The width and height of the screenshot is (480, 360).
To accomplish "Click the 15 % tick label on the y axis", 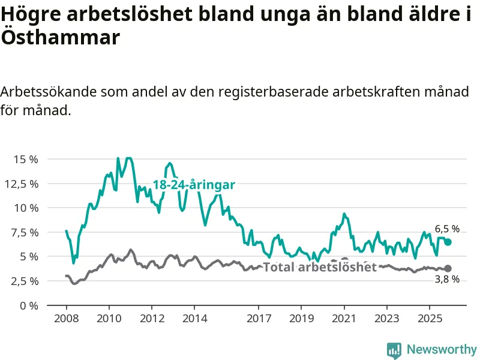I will coord(26,160).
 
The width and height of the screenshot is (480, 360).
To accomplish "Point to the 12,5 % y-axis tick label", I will coord(23,184).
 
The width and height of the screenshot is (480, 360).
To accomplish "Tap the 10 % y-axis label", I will coord(26,208).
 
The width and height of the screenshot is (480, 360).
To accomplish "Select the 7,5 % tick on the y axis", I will coord(25,232).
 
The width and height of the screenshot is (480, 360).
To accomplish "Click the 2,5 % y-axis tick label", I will coord(25,281).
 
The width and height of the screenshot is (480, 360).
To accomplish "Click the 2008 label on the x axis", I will coord(67,317).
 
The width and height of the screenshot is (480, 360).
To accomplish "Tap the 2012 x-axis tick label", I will coord(152,317).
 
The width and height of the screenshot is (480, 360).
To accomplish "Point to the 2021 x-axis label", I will coord(344,317).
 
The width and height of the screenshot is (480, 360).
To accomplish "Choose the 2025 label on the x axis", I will coord(429,317).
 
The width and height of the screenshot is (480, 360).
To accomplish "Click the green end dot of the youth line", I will coord(448,242).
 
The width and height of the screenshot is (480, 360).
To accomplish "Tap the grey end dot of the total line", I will coord(448,268).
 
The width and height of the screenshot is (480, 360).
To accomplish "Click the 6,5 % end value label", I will coord(447,229).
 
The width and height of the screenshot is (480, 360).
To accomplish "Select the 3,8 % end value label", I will coord(447,279).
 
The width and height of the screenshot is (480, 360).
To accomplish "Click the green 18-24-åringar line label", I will coord(194,185).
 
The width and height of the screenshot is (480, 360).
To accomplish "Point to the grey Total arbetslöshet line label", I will coord(320,267).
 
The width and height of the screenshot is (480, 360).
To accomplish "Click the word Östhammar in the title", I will coord(60,38).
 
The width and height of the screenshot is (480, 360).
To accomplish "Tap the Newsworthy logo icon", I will coord(394,350).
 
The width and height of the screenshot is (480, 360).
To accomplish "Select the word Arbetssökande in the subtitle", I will coord(47,92).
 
